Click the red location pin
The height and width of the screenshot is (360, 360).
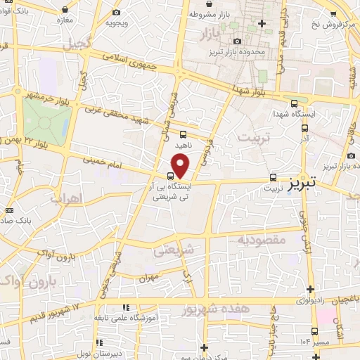[181, 167]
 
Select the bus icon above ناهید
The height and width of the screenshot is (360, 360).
[183, 134]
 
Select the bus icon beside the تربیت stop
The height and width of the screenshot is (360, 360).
[274, 178]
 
